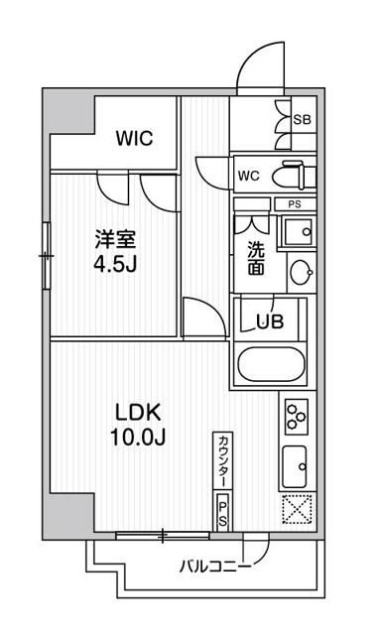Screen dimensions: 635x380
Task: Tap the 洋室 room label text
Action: click(x=110, y=239)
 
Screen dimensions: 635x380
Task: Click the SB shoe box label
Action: click(x=303, y=119)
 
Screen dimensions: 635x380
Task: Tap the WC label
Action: click(x=247, y=177)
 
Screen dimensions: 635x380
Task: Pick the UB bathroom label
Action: click(x=269, y=320)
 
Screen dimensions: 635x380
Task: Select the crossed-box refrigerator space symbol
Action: click(x=296, y=508)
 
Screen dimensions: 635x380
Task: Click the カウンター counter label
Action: click(x=223, y=462)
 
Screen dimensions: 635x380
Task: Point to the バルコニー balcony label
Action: click(x=213, y=568)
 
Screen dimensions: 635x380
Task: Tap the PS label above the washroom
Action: click(x=293, y=204)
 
